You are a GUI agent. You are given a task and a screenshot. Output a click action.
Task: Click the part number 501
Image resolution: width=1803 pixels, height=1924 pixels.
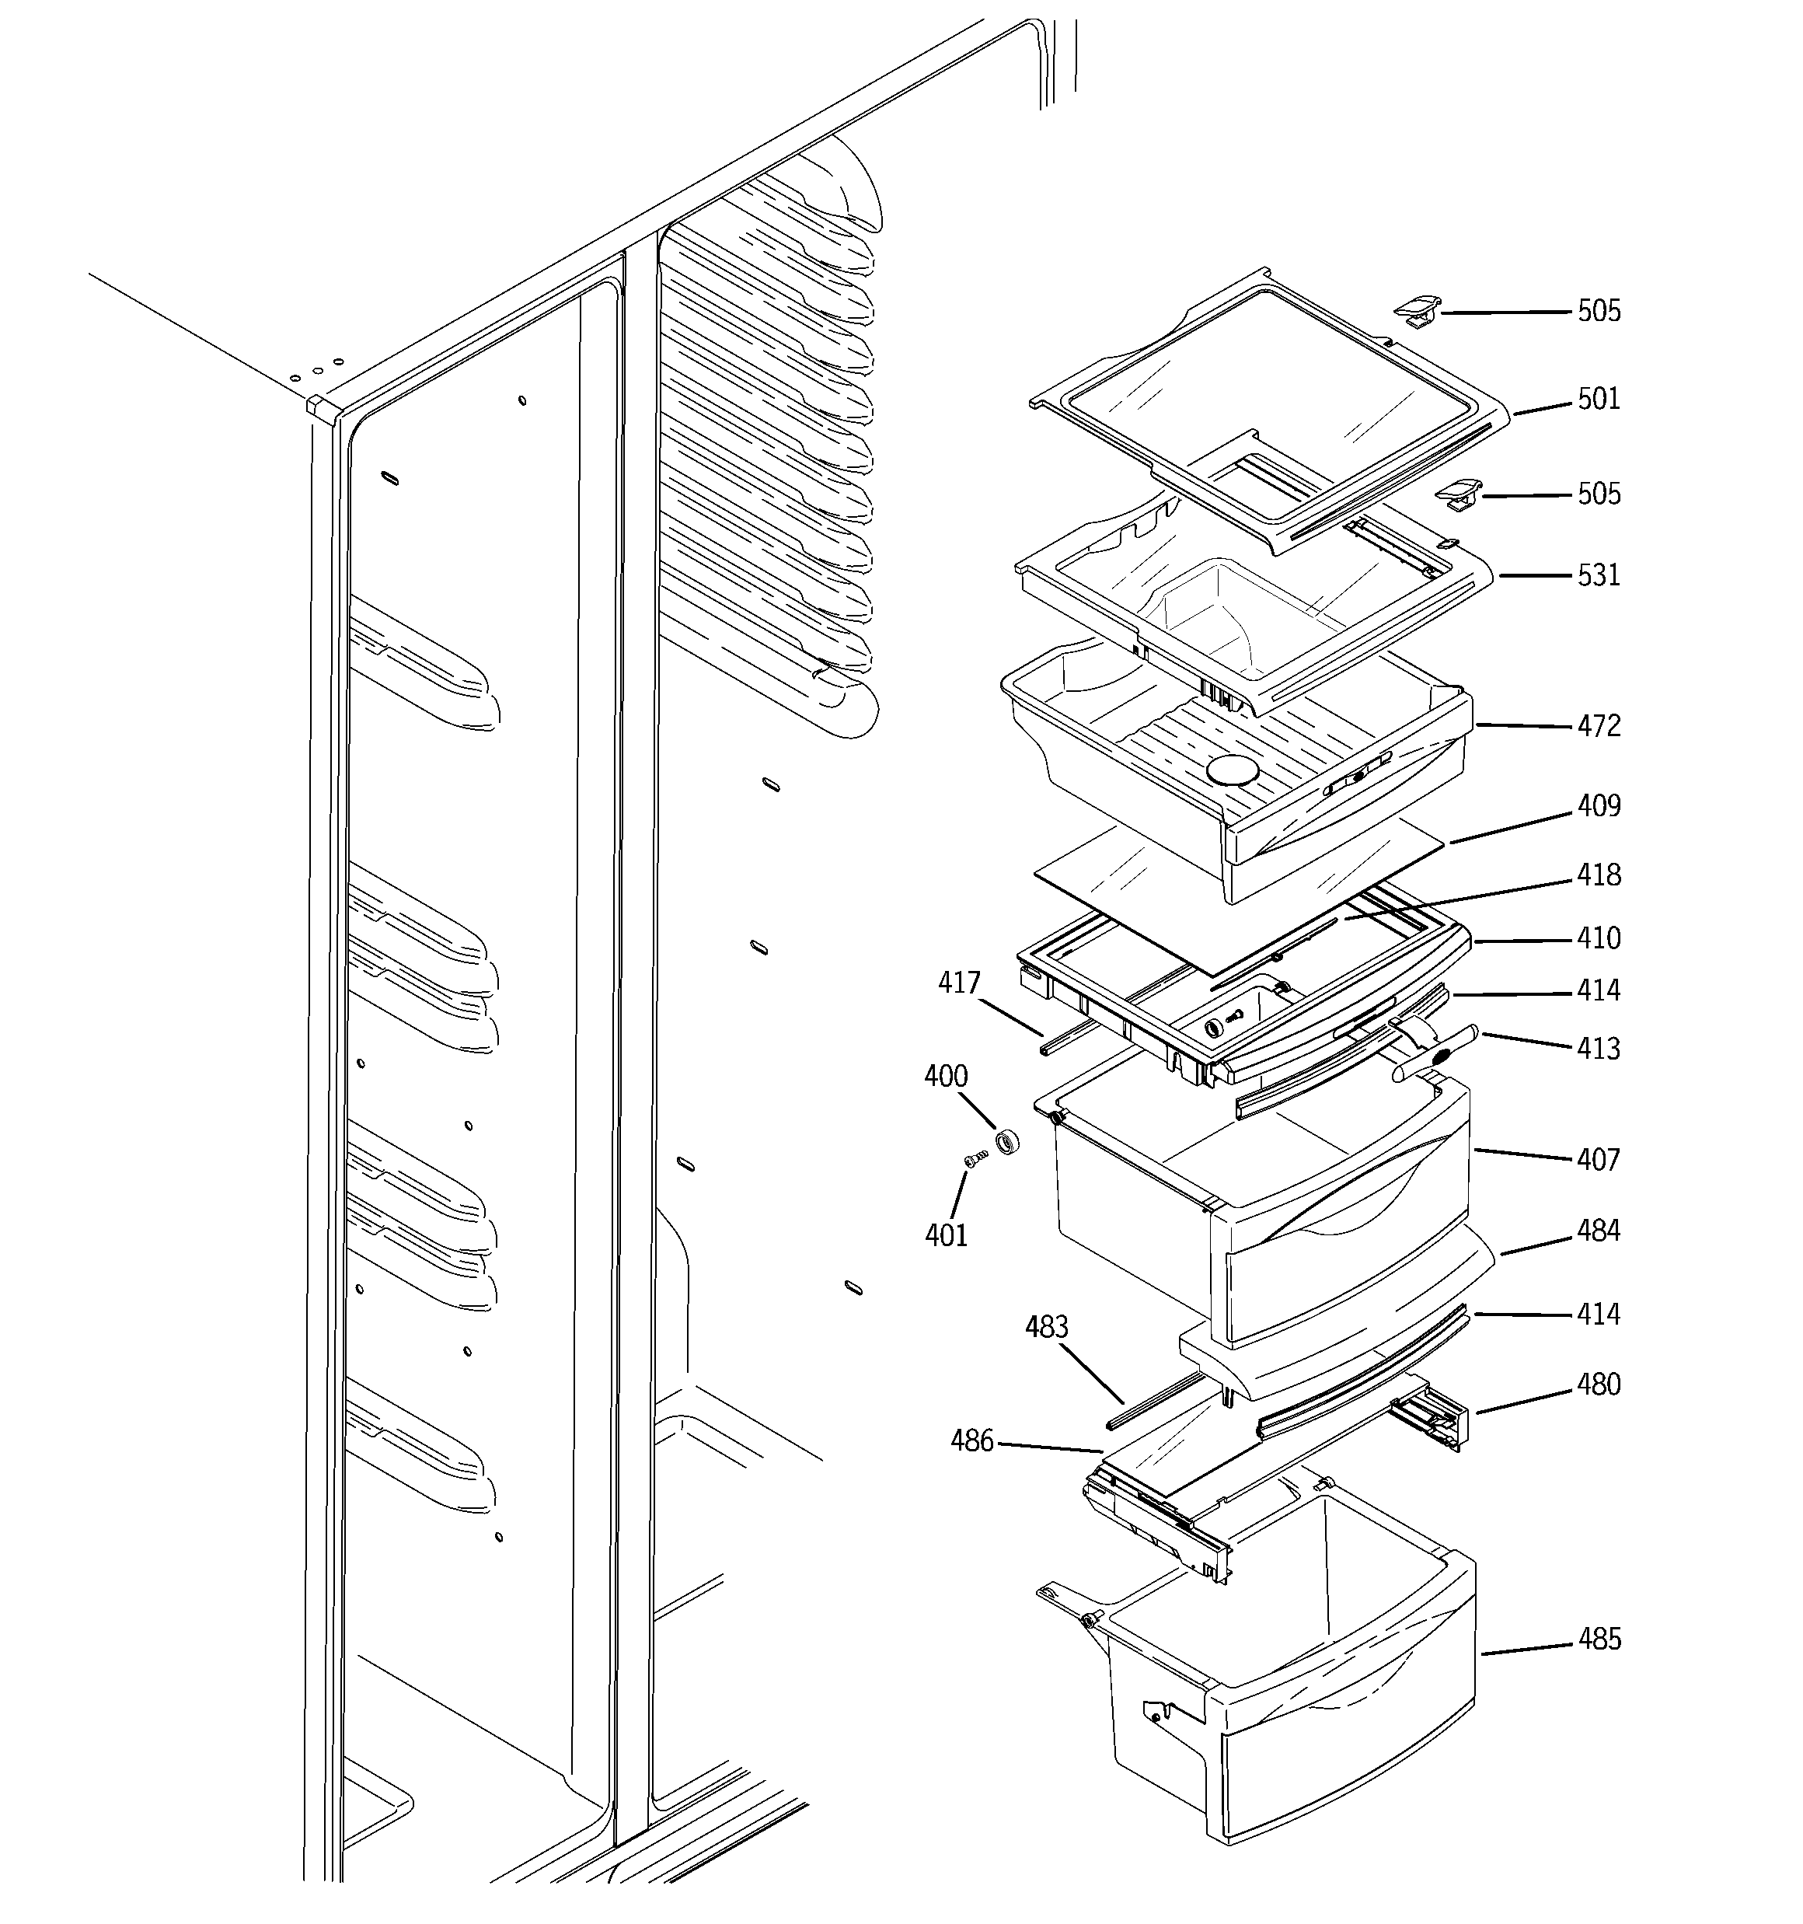click(x=1598, y=399)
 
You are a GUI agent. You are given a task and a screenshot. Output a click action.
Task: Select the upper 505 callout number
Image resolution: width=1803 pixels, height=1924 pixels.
click(x=1598, y=311)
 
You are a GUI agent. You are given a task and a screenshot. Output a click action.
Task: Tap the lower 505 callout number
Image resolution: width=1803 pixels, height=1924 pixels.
click(x=1598, y=494)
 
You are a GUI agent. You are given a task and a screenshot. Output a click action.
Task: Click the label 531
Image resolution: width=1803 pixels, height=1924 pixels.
click(x=1598, y=575)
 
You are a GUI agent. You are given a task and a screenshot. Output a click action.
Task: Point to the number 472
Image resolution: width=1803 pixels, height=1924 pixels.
click(x=1598, y=726)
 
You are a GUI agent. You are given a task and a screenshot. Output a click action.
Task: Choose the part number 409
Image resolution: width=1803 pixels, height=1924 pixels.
click(x=1598, y=806)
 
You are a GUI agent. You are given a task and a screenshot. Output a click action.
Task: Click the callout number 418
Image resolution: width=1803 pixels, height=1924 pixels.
click(x=1598, y=875)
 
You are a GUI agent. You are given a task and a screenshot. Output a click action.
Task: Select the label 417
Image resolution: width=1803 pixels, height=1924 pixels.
click(x=959, y=983)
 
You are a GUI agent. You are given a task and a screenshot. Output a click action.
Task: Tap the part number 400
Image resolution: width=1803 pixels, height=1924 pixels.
click(x=946, y=1076)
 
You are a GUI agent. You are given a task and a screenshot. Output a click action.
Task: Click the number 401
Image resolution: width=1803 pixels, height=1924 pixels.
click(x=946, y=1235)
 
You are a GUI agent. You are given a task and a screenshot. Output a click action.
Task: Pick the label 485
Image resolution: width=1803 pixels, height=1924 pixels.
click(x=1598, y=1639)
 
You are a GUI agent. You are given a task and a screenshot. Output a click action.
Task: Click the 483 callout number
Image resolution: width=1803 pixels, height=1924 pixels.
click(x=1046, y=1327)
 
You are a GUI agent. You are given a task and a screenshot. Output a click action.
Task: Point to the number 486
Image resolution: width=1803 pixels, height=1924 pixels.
click(x=971, y=1441)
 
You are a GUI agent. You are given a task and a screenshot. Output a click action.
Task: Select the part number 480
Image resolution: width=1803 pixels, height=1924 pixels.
click(x=1598, y=1385)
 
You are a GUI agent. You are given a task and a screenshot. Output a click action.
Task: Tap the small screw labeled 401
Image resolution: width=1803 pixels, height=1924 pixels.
click(x=975, y=1157)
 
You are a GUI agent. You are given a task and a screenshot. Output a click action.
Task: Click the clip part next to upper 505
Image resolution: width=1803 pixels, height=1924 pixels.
click(x=1416, y=312)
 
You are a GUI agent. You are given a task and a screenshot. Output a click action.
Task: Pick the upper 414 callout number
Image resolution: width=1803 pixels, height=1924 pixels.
click(x=1598, y=990)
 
